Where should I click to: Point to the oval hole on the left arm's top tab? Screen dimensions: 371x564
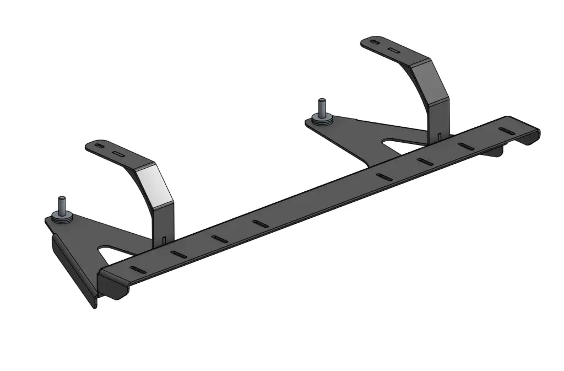click(99, 146)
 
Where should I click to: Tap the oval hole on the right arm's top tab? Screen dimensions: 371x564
click(375, 42)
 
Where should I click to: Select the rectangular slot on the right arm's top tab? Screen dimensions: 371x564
click(393, 50)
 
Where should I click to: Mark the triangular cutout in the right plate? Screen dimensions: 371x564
click(395, 145)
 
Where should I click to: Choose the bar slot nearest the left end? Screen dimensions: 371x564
click(137, 270)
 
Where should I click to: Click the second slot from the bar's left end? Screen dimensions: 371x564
click(177, 254)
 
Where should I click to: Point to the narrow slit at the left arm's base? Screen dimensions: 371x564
click(165, 239)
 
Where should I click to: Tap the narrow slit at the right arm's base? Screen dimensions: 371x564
click(439, 135)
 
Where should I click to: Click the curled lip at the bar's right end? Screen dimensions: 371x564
click(530, 138)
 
